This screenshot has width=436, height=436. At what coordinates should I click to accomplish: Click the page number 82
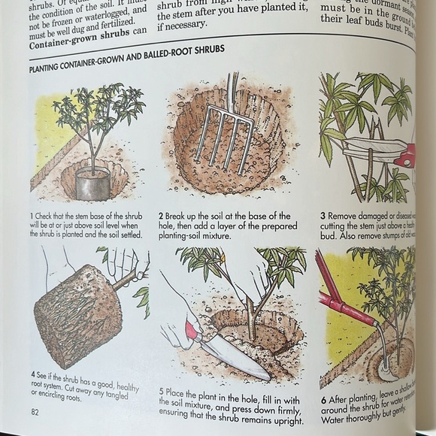point(35,410)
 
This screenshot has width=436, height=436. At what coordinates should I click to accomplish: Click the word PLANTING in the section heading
point(50,68)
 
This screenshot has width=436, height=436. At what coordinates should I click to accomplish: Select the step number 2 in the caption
point(161,216)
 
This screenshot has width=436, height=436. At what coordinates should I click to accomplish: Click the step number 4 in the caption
point(33,374)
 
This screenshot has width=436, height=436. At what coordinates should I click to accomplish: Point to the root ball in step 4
point(76,316)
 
